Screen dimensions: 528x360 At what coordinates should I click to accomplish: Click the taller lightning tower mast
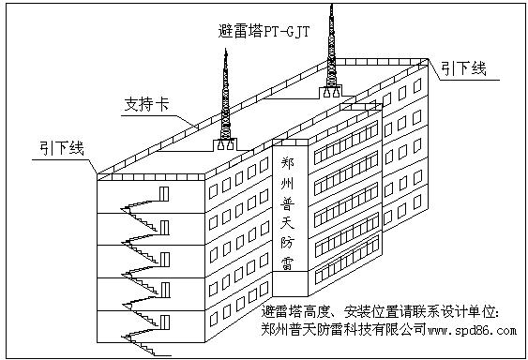330,47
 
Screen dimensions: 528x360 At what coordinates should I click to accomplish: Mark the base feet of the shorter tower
225,144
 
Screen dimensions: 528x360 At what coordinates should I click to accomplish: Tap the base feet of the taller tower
330,92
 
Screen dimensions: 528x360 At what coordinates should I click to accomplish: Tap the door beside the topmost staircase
164,193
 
